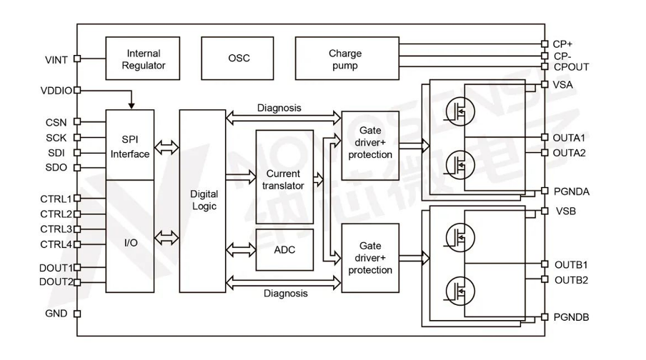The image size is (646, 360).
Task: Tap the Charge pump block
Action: pos(345,59)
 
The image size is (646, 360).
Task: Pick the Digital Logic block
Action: pos(202,200)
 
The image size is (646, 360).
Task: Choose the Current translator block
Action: pos(284,179)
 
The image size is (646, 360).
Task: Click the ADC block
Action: pos(284,250)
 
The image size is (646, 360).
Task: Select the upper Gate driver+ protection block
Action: pos(370,145)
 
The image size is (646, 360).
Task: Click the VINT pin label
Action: pos(56,59)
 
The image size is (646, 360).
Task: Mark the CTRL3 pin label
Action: pos(56,229)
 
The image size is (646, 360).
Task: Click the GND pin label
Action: pos(56,314)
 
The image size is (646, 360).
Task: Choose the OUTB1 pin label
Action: pos(570,265)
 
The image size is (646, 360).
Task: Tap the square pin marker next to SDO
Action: pos(76,169)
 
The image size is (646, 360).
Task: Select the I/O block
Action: pos(130,244)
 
